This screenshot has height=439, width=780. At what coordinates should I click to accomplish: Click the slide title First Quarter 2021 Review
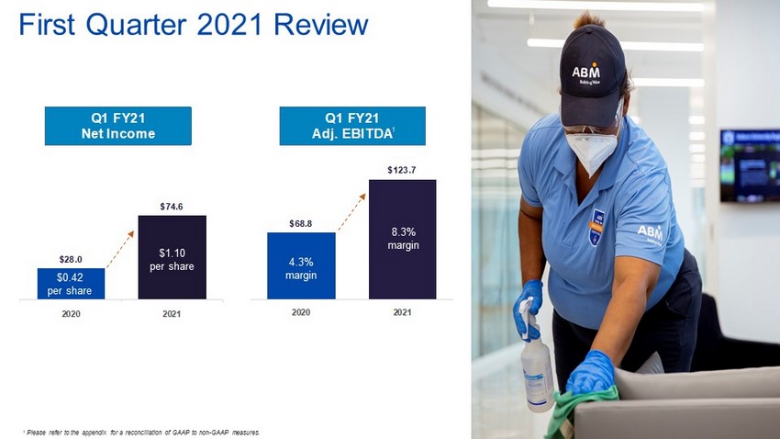coord(193,25)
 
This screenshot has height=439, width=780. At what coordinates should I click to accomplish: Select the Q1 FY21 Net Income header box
coord(117,126)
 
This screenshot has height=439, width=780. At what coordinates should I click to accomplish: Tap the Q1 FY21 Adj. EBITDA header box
coord(352,126)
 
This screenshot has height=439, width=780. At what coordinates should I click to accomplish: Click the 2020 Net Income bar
coord(72,284)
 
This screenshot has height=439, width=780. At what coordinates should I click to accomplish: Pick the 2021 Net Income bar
coord(173,257)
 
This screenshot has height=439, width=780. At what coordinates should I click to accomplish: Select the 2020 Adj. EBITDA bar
coord(301,265)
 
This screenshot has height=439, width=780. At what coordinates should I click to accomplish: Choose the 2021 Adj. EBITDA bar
coord(403,240)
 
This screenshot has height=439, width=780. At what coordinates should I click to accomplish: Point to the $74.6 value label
coord(172,207)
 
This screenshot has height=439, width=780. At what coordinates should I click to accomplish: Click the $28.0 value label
coord(71,259)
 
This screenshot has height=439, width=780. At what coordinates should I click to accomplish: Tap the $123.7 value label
coord(402,170)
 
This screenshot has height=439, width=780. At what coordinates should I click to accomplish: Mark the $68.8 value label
coord(300,224)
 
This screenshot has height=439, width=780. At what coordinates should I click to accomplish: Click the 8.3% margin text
coord(404,239)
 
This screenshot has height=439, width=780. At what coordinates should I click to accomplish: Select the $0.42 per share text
coord(70,284)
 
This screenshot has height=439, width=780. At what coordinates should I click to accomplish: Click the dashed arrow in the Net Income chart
coord(120,250)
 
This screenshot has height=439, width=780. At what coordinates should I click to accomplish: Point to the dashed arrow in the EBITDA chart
coord(351,212)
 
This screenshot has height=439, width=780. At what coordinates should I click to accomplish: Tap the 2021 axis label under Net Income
coord(172,314)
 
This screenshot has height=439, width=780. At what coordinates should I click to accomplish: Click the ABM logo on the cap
coord(586,73)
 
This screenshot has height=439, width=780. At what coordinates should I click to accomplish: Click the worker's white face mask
coord(592,150)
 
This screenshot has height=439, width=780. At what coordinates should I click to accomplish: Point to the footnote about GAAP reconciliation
coord(141,433)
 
